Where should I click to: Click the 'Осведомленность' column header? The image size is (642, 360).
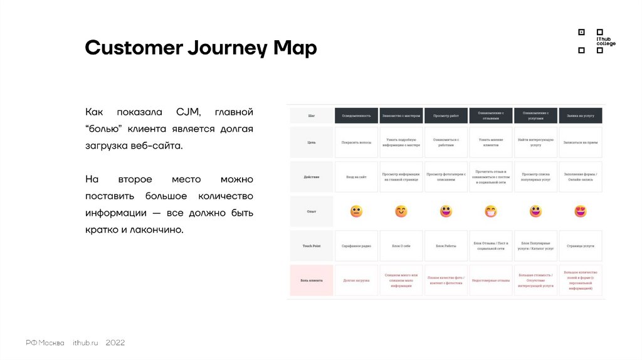(356, 115)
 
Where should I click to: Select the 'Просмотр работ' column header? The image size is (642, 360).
(446, 115)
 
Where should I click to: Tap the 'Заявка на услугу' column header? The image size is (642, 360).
(580, 115)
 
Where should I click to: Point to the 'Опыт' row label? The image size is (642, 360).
(312, 211)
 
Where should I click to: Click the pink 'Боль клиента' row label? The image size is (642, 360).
(312, 280)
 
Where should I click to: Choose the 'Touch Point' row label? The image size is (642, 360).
(312, 246)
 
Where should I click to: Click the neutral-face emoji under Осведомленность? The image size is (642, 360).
(356, 211)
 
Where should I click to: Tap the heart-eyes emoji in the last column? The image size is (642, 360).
(581, 211)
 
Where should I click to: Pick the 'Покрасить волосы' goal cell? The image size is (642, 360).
(356, 142)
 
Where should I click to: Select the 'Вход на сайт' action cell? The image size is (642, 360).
(356, 177)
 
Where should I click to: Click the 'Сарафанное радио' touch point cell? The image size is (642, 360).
(356, 246)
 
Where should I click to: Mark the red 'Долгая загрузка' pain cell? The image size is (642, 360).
(356, 280)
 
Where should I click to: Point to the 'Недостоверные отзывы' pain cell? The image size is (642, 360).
(491, 280)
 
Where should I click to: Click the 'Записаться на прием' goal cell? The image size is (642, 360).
(580, 142)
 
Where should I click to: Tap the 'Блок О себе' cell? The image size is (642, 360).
(401, 246)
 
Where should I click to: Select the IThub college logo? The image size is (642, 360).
(596, 41)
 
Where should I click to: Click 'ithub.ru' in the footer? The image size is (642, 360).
(85, 342)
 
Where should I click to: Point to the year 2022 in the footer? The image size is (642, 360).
(115, 342)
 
